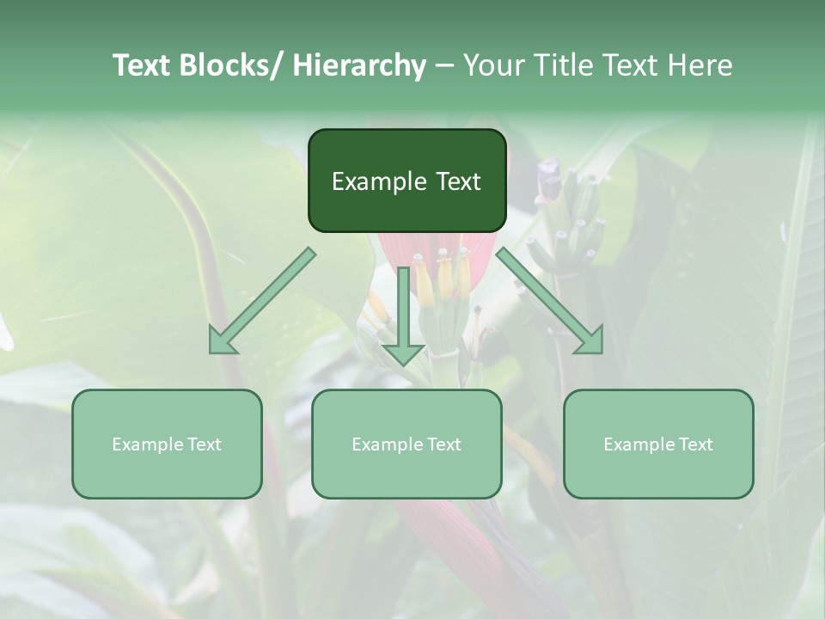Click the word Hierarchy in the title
coord(359,65)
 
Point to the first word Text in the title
coord(143,65)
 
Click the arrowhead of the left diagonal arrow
coord(221,342)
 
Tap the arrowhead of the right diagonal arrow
coord(591,342)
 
